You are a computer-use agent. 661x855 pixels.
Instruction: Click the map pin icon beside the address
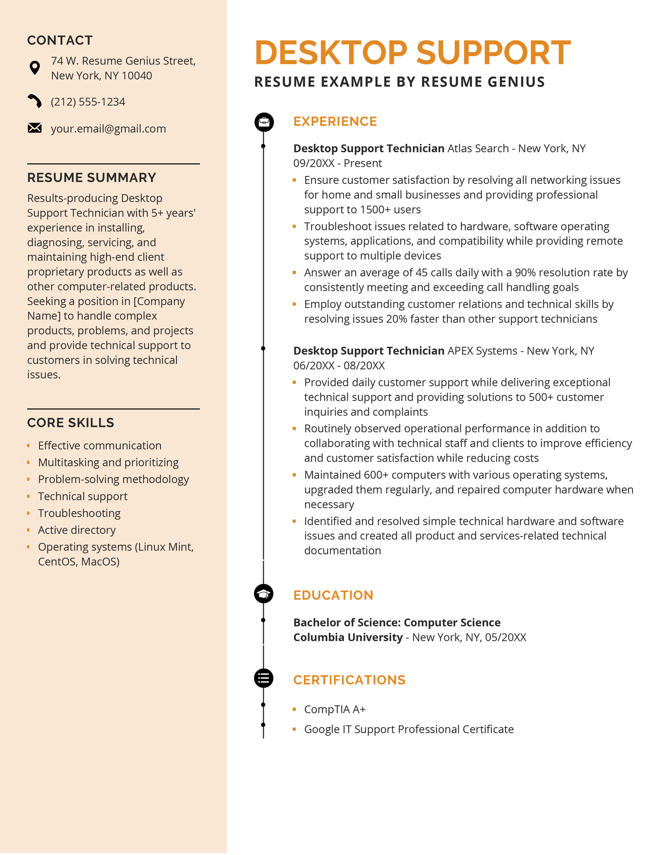[x=35, y=68]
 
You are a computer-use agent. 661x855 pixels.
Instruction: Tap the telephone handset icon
[x=35, y=101]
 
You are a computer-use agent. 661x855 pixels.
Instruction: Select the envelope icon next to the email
[x=35, y=128]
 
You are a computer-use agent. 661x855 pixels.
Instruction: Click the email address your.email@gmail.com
[x=108, y=129]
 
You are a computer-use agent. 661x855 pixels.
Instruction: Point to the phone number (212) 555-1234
[x=88, y=102]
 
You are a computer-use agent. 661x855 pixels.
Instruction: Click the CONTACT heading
[x=60, y=40]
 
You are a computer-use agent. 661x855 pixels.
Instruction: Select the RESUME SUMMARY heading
[x=92, y=178]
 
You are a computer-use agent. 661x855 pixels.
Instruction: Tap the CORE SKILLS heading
[x=71, y=423]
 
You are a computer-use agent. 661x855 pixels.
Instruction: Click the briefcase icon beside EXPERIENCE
[x=264, y=122]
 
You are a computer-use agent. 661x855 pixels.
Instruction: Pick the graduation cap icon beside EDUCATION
[x=264, y=594]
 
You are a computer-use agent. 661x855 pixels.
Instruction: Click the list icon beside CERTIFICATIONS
[x=264, y=678]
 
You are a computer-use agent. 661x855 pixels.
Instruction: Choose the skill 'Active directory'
[x=77, y=530]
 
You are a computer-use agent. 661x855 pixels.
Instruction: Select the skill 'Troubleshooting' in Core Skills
[x=79, y=513]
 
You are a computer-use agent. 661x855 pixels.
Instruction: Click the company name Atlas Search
[x=478, y=149]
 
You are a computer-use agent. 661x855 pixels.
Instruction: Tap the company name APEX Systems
[x=482, y=351]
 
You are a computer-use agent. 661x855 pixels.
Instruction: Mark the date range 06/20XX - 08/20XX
[x=339, y=366]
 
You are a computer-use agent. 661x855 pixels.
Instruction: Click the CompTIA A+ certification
[x=335, y=710]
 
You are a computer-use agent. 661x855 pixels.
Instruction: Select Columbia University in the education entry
[x=348, y=637]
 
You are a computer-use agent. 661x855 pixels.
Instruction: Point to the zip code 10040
[x=137, y=76]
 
